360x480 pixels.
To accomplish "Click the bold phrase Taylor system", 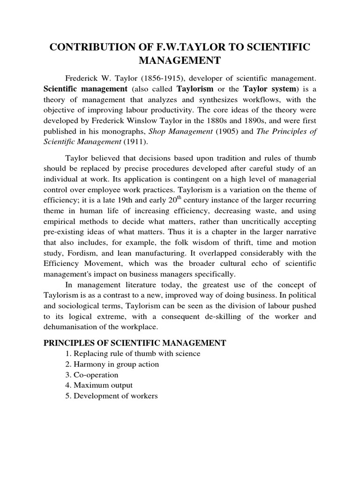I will coord(265,89).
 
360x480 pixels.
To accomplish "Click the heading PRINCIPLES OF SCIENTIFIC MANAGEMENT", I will coord(135,343).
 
